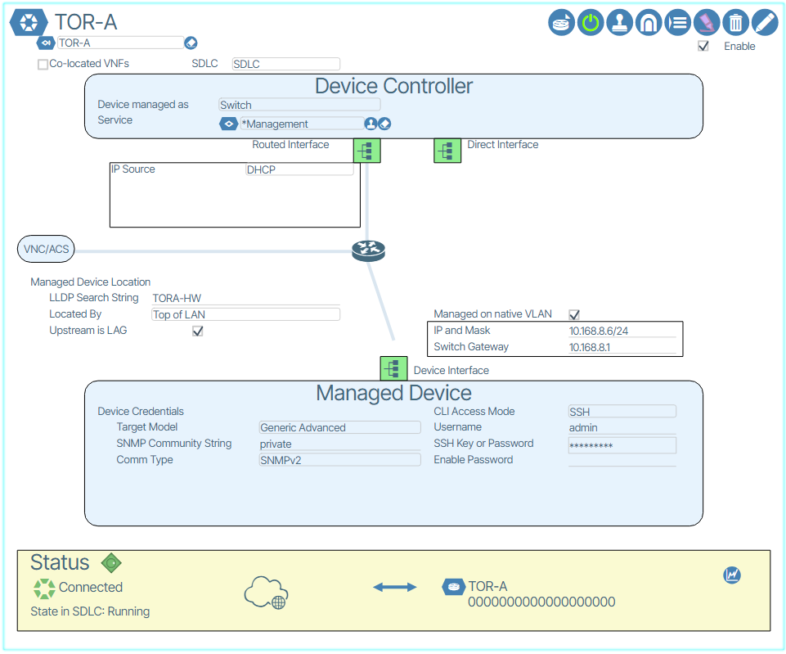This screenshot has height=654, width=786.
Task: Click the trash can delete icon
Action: pos(735,22)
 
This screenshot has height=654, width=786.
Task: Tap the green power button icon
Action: pos(591,22)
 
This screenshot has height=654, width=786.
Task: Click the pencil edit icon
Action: pos(764,22)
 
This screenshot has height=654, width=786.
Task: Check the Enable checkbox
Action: pos(703,47)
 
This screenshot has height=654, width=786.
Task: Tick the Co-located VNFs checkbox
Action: pos(43,64)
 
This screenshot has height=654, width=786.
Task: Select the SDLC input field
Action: pos(285,64)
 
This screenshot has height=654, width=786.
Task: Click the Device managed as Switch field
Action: pos(299,105)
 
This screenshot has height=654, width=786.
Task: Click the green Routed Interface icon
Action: pos(366,150)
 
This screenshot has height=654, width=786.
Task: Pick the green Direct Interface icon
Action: pos(447,151)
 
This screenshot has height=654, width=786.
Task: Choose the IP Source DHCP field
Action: pos(299,169)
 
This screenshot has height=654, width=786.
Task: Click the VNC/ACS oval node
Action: pos(46,249)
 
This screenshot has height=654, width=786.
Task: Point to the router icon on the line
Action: pos(367,250)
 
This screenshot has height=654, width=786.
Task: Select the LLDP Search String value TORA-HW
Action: pos(245,298)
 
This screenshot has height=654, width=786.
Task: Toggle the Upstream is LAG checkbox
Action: pos(197,331)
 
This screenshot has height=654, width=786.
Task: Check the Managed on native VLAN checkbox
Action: pos(574,314)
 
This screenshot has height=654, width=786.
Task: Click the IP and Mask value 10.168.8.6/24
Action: pos(622,331)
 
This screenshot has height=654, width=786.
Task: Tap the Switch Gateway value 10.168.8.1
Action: pos(622,347)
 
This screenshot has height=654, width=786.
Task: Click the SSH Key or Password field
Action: pos(622,445)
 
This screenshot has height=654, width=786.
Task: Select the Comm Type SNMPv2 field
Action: pos(339,460)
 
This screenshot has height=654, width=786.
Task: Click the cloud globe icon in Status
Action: pos(266,592)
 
